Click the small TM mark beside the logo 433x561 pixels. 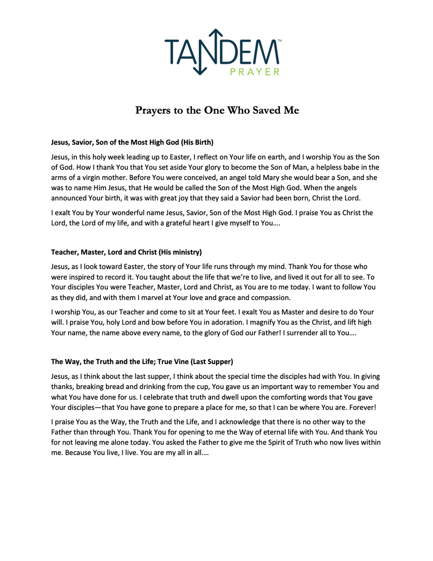point(280,42)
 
